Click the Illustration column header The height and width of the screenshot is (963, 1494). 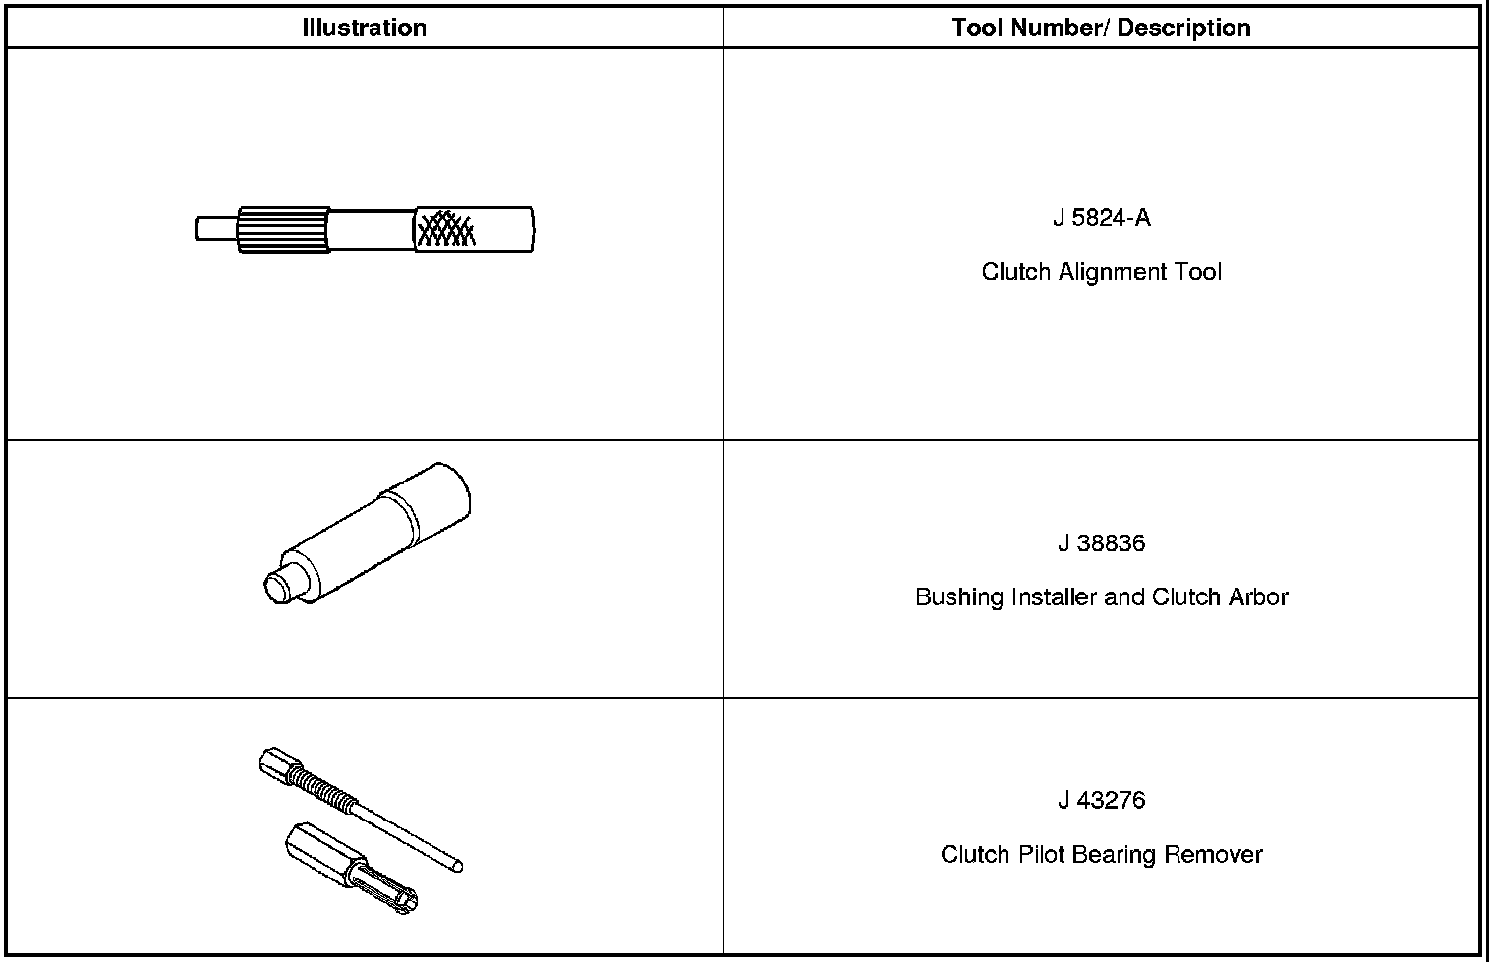pyautogui.click(x=365, y=28)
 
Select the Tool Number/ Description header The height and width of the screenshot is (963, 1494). pyautogui.click(x=1101, y=28)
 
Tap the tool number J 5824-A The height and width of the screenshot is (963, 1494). pyautogui.click(x=1101, y=218)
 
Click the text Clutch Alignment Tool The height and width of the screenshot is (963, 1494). pyautogui.click(x=1101, y=272)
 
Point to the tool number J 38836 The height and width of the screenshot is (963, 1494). pyautogui.click(x=1101, y=543)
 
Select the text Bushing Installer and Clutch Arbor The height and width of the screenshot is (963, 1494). pyautogui.click(x=1101, y=597)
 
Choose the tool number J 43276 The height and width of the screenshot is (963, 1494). pyautogui.click(x=1101, y=800)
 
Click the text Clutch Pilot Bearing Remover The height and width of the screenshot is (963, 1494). pyautogui.click(x=1101, y=855)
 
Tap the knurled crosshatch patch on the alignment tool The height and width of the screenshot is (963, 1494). pyautogui.click(x=445, y=229)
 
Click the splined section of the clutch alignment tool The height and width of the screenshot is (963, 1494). pyautogui.click(x=283, y=230)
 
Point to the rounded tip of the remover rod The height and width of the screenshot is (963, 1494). pyautogui.click(x=457, y=866)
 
